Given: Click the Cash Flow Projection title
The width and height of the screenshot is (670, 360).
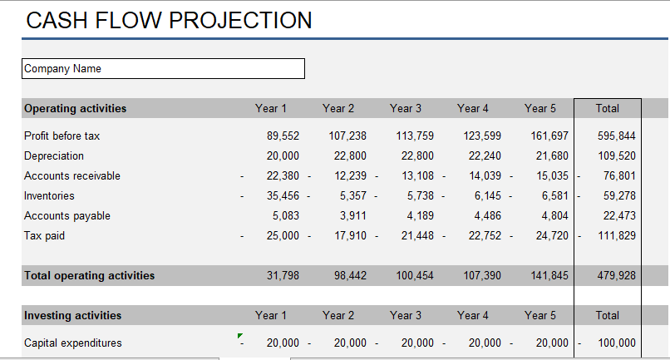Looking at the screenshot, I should [x=169, y=20].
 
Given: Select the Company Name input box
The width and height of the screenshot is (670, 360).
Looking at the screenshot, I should [x=164, y=68].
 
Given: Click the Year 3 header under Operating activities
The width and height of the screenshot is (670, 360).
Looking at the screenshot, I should [x=406, y=108].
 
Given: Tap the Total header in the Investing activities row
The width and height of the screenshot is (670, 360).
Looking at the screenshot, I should [x=608, y=315].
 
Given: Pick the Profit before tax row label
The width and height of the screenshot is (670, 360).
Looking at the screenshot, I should [x=62, y=136].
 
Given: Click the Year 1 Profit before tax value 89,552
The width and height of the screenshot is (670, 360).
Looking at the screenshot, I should [x=283, y=136].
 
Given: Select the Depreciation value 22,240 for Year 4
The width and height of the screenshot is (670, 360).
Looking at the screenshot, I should [x=485, y=155].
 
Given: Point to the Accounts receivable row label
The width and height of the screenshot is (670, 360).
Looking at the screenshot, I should [x=72, y=175].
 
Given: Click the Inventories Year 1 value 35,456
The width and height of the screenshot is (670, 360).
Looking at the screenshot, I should [x=283, y=195].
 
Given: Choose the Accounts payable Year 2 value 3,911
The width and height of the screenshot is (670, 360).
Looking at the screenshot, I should [x=351, y=215].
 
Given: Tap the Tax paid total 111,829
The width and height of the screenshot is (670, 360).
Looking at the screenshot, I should [x=617, y=235].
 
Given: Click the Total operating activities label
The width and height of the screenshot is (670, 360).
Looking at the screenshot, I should [x=90, y=275].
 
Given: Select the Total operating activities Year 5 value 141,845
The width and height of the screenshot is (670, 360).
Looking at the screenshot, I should [x=549, y=275].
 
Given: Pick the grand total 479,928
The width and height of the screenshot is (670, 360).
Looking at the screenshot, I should [x=617, y=275].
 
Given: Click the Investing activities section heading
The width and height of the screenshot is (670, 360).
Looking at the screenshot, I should [x=73, y=315].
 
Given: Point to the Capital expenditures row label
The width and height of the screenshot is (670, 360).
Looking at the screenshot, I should [x=73, y=343].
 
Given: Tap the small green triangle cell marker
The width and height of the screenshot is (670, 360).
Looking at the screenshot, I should [x=240, y=335].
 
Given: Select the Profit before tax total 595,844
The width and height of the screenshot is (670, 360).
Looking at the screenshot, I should [x=617, y=136].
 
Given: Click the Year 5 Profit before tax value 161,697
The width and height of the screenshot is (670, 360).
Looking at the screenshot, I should [x=549, y=136].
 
